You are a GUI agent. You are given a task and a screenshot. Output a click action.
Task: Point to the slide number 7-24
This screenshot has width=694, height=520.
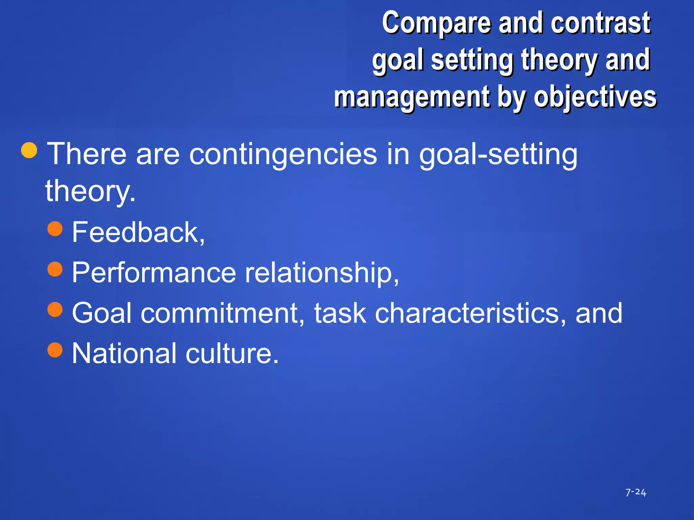[x=635, y=492]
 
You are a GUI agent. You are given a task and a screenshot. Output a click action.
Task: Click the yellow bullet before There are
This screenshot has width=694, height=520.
[x=29, y=150]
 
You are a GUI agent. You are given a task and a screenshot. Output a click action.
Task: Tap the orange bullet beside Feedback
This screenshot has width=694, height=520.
[x=55, y=229]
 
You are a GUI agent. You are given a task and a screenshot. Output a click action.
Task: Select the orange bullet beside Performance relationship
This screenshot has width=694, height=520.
[x=55, y=269]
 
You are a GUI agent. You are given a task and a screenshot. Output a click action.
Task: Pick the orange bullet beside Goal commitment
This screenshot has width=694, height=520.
[x=55, y=309]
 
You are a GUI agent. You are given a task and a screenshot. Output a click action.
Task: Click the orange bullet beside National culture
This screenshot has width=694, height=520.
[x=55, y=350]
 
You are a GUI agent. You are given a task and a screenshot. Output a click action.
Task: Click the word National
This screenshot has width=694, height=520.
[x=124, y=353]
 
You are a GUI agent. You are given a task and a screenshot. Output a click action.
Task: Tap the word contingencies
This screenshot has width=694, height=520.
[x=283, y=154]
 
